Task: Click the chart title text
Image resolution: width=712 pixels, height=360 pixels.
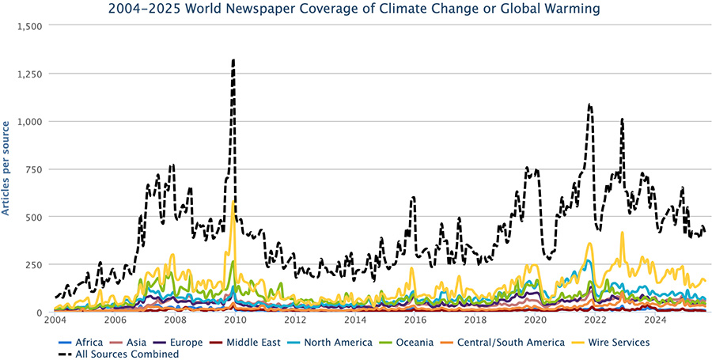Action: pyautogui.click(x=356, y=9)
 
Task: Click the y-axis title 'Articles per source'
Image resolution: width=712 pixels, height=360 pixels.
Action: pyautogui.click(x=6, y=168)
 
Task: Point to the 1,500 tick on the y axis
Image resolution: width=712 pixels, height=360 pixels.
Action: pyautogui.click(x=30, y=25)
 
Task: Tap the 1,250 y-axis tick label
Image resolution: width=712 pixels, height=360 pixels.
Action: pyautogui.click(x=30, y=74)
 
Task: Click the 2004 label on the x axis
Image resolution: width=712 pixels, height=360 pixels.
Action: pyautogui.click(x=55, y=320)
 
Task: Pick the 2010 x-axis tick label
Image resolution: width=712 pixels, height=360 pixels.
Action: pyautogui.click(x=235, y=320)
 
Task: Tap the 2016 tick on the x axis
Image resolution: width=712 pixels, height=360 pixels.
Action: pyautogui.click(x=415, y=320)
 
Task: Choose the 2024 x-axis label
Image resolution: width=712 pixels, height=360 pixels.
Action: pyautogui.click(x=655, y=320)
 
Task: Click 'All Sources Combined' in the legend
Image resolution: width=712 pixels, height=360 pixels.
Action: pyautogui.click(x=127, y=354)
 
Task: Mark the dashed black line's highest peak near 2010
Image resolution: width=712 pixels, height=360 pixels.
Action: pyautogui.click(x=233, y=60)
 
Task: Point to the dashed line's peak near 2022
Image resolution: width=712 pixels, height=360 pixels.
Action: pyautogui.click(x=589, y=104)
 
